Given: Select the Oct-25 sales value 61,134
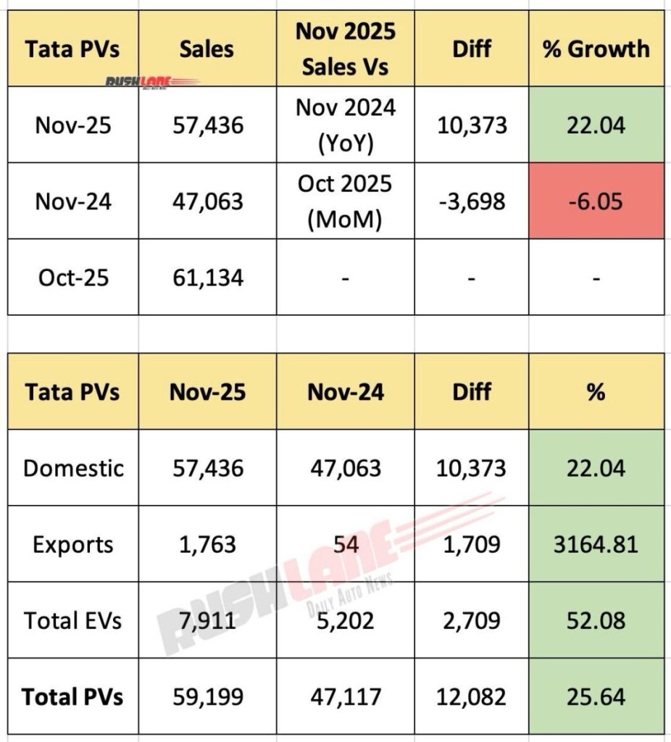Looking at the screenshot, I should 207,277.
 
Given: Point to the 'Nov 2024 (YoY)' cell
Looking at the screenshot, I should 345,125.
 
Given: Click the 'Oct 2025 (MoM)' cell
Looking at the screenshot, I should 345,201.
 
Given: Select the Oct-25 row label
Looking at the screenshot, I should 73,277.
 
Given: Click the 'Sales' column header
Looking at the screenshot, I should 207,49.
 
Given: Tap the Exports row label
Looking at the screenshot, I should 73,544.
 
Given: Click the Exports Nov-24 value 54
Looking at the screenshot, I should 345,544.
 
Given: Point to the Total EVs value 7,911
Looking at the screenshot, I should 207,620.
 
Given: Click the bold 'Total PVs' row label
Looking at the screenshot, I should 73,697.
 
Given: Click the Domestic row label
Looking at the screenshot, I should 73,468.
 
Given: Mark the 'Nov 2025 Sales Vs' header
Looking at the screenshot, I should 345,49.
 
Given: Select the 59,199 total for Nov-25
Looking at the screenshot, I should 207,697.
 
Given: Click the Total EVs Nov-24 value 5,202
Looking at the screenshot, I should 345,620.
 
